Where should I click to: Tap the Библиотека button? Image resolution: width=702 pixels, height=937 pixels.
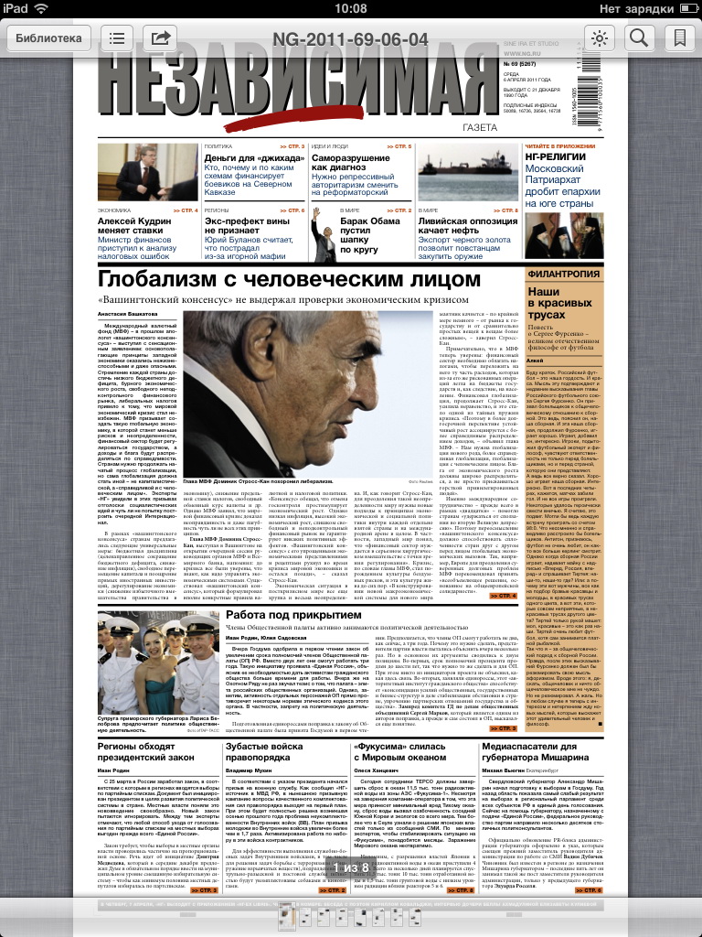[48, 38]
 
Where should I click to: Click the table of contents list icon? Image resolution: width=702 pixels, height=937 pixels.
[117, 38]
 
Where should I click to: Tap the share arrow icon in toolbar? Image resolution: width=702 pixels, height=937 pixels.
[161, 38]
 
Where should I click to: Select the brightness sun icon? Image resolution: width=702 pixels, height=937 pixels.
[600, 38]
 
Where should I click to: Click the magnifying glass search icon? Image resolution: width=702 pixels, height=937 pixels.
[638, 38]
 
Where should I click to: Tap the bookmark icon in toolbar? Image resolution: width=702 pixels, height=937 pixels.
[678, 38]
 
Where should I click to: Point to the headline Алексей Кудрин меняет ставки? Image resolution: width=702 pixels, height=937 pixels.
[137, 226]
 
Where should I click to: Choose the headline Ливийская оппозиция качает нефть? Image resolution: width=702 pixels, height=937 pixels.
[469, 226]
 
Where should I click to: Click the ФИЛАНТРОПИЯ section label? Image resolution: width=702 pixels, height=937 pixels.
[563, 273]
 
